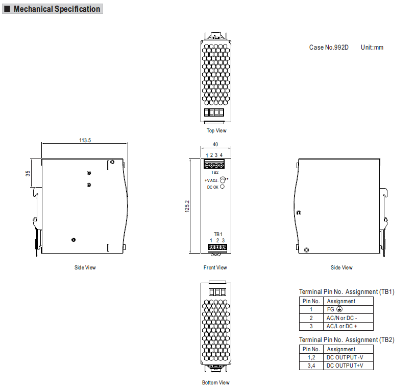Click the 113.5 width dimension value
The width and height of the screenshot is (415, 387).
tap(85, 140)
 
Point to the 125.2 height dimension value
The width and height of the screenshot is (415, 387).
tap(187, 206)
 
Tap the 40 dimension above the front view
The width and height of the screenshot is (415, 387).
tap(215, 145)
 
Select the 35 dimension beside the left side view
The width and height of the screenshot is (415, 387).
tap(28, 173)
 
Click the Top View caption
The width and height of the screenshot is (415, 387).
tap(216, 130)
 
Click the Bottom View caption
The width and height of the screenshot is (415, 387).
tap(216, 382)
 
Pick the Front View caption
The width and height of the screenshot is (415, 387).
tap(215, 267)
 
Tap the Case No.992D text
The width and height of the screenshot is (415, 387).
tap(329, 48)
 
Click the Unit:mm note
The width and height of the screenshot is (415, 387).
tap(372, 48)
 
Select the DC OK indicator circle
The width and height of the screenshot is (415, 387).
tap(223, 187)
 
